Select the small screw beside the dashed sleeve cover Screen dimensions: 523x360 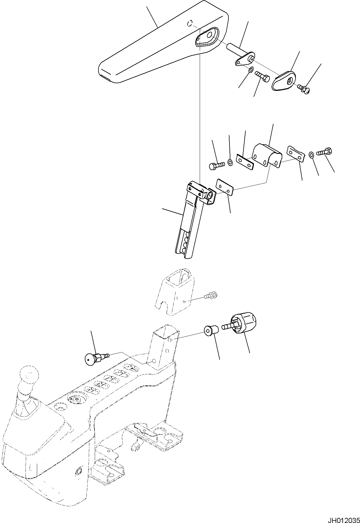tap(210, 296)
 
